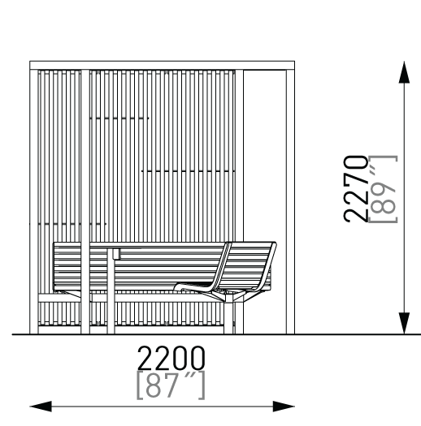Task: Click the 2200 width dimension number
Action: (171, 358)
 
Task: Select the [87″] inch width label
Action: (171, 385)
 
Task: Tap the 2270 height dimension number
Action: (356, 189)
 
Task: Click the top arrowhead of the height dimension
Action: (404, 72)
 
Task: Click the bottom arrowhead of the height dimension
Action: (404, 323)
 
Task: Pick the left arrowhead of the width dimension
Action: (41, 407)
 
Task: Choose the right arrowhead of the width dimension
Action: (284, 407)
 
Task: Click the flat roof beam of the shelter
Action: (163, 66)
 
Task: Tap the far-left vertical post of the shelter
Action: (34, 201)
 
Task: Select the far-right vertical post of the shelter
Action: (290, 201)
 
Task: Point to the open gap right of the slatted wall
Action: (264, 156)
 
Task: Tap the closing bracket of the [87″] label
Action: (201, 385)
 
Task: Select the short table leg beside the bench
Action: (111, 291)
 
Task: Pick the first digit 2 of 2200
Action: (145, 358)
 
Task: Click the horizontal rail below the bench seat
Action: (131, 298)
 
